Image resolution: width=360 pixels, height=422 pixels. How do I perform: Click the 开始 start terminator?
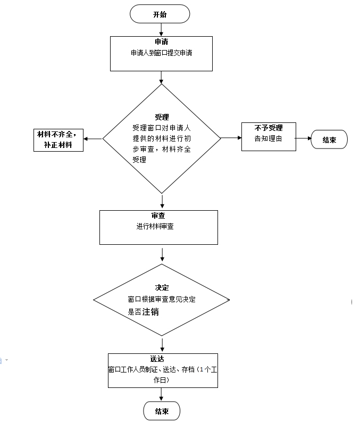[160, 14]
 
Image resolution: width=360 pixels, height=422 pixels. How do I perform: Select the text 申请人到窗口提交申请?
[161, 54]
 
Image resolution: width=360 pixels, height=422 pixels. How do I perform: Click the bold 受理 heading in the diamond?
[162, 117]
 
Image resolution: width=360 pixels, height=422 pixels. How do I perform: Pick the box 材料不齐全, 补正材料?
[58, 139]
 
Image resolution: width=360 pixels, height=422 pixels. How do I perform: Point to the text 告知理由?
[267, 139]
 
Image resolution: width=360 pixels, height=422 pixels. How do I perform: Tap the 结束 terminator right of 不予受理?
[329, 140]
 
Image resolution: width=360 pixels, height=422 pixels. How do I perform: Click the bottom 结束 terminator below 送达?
[162, 411]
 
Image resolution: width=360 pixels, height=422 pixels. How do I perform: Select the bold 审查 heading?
[158, 216]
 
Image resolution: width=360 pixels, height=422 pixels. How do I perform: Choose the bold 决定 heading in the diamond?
[161, 288]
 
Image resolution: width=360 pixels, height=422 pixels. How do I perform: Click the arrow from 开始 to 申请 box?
[160, 29]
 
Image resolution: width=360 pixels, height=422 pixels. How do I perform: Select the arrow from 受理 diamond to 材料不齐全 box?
[93, 139]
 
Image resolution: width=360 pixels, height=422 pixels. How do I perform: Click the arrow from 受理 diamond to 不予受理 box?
[231, 138]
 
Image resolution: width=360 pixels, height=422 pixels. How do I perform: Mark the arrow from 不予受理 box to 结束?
[304, 139]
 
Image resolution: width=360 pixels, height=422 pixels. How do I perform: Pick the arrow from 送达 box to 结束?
[162, 394]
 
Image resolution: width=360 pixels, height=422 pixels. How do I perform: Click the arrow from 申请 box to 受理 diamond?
[161, 78]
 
